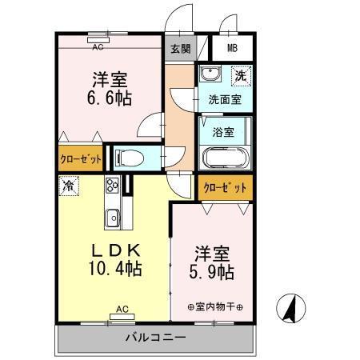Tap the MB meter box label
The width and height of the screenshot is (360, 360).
click(x=230, y=47)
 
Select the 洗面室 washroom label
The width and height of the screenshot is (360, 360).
click(x=225, y=100)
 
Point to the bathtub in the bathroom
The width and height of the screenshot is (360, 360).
click(x=225, y=156)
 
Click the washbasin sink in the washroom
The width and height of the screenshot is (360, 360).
click(x=210, y=77)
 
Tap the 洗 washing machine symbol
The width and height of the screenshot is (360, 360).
click(x=239, y=76)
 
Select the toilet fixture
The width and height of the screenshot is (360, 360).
click(x=127, y=156)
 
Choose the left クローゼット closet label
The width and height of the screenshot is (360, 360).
click(x=81, y=158)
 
